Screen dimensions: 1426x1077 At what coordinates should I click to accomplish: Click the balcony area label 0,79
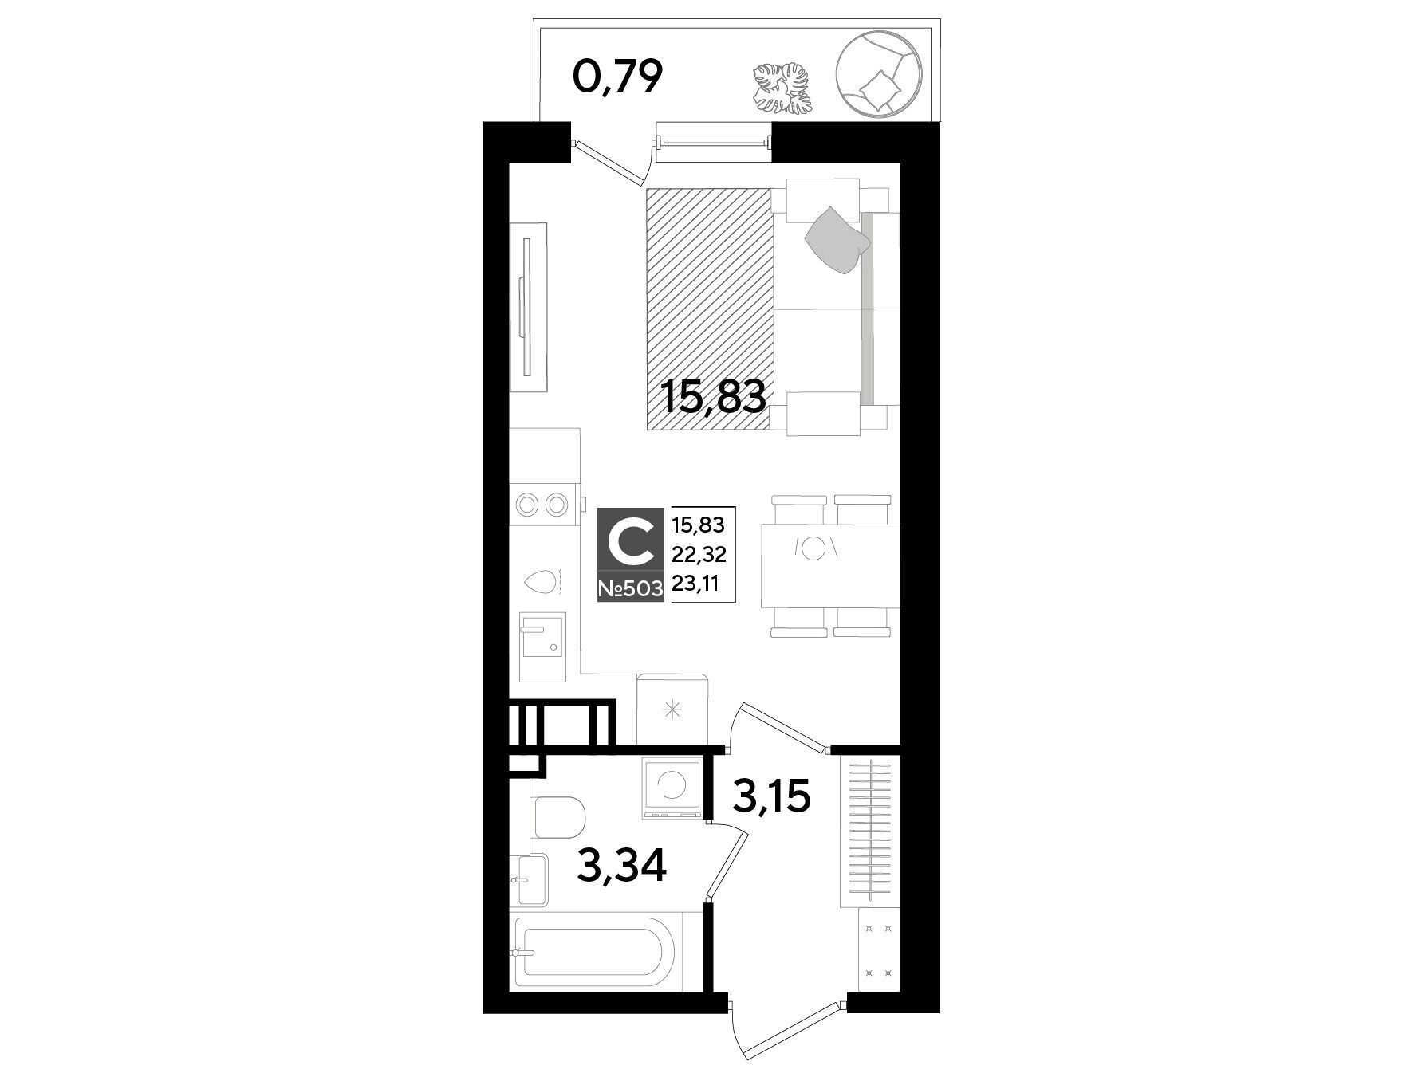coord(618,77)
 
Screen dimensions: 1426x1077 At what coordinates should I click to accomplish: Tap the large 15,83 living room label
coord(715,396)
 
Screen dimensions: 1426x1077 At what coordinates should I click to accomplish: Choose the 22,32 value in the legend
coord(699,553)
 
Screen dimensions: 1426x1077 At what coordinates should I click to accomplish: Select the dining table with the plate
coord(830,564)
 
